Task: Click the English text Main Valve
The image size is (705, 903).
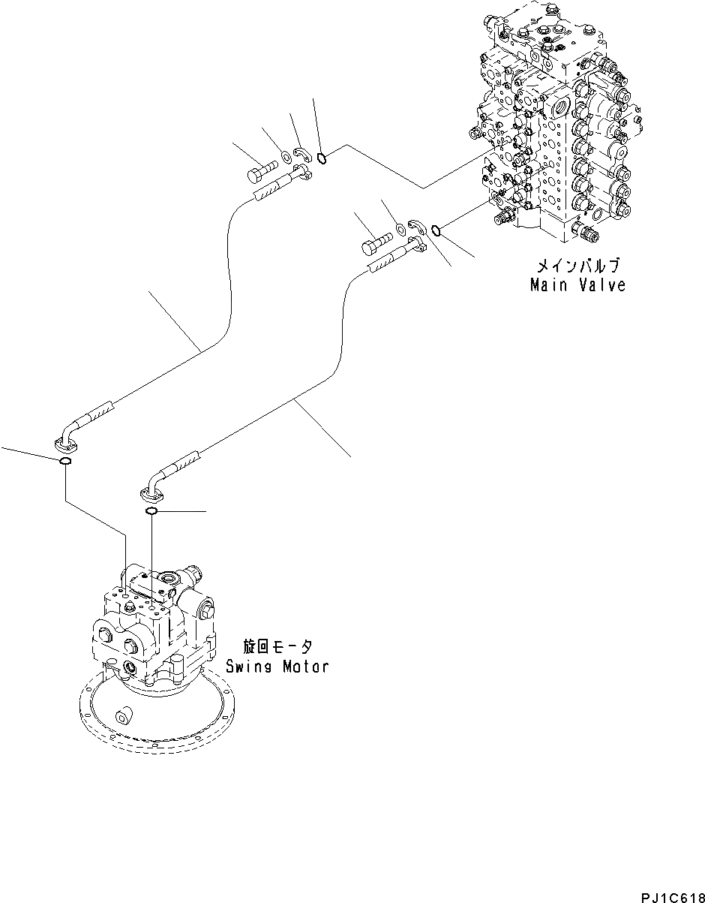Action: pos(577,285)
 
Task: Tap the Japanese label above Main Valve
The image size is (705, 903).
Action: pos(577,266)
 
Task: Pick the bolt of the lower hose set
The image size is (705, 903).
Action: pos(376,245)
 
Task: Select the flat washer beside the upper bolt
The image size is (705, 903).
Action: pos(286,158)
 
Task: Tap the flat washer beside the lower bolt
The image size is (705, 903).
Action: pos(400,227)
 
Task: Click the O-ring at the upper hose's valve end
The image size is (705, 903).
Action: pos(322,158)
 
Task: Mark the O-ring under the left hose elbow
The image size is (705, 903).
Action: pos(65,461)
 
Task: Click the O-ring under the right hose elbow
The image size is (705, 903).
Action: pos(150,511)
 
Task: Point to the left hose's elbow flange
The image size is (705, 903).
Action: pos(66,443)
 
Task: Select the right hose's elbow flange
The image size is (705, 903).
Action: pos(150,493)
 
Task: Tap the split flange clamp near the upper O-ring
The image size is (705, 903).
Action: pos(301,155)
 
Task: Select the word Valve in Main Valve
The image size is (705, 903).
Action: pos(601,285)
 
